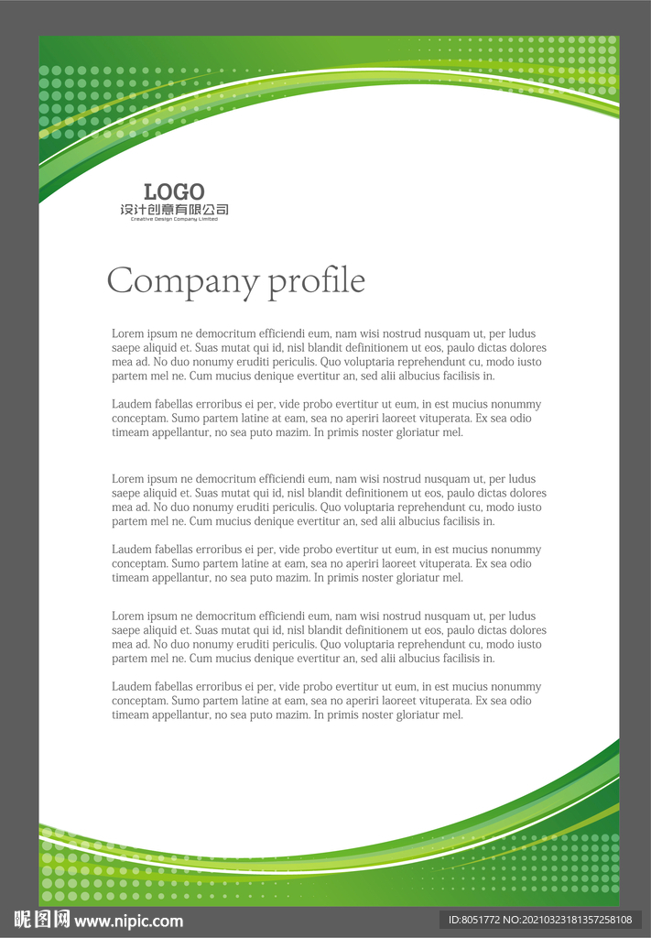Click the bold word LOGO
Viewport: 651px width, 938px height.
pos(174,191)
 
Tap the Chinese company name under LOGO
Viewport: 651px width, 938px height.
pos(174,210)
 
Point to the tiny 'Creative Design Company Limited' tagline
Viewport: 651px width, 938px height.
pos(174,219)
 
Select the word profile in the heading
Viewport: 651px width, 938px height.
pos(316,281)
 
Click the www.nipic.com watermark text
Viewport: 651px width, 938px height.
pos(128,921)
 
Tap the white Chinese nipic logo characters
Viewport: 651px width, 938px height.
pos(42,920)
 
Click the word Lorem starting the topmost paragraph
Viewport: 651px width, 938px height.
pos(127,333)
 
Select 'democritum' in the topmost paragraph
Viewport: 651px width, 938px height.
pos(211,333)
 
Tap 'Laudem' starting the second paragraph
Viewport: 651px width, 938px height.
pos(131,404)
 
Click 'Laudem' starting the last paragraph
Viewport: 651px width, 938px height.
pos(131,686)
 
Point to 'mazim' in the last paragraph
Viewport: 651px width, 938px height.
pos(290,714)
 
